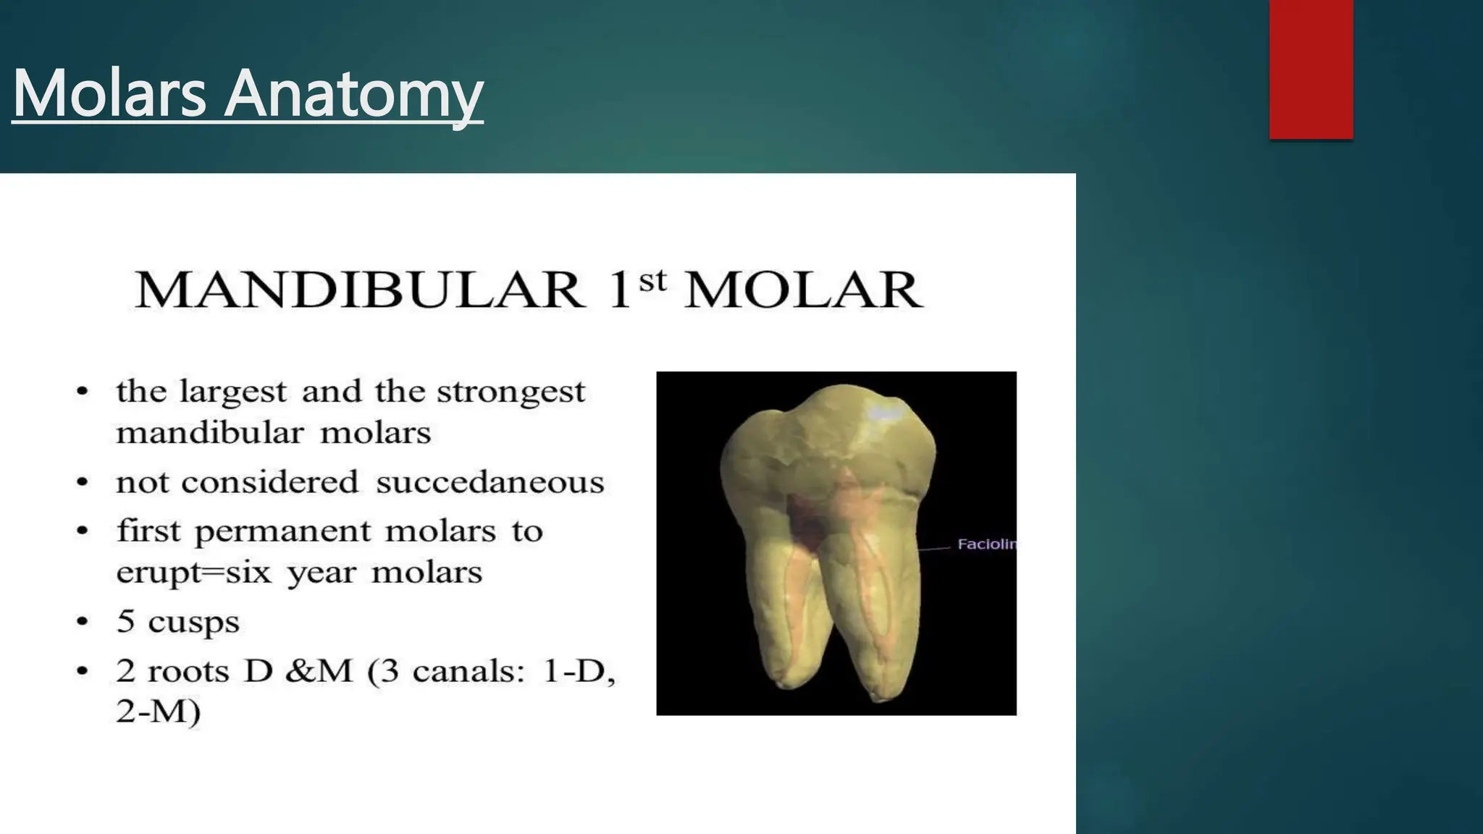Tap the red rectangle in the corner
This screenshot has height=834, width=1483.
coord(1311,69)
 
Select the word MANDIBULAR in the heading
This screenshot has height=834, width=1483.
coord(359,290)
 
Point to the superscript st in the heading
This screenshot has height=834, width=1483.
coord(652,279)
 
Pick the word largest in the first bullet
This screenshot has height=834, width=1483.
coord(232,392)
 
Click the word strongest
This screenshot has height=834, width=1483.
coord(511,392)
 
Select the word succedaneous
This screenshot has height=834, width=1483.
coord(490,482)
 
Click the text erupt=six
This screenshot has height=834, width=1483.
coord(194,573)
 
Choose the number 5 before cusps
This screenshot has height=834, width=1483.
coord(126,621)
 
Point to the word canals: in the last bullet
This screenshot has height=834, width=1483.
coord(469,672)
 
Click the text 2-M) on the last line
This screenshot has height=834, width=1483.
coord(158,711)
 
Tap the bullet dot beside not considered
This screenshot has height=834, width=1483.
coord(83,482)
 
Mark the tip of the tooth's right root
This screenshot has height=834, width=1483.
coord(878,699)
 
